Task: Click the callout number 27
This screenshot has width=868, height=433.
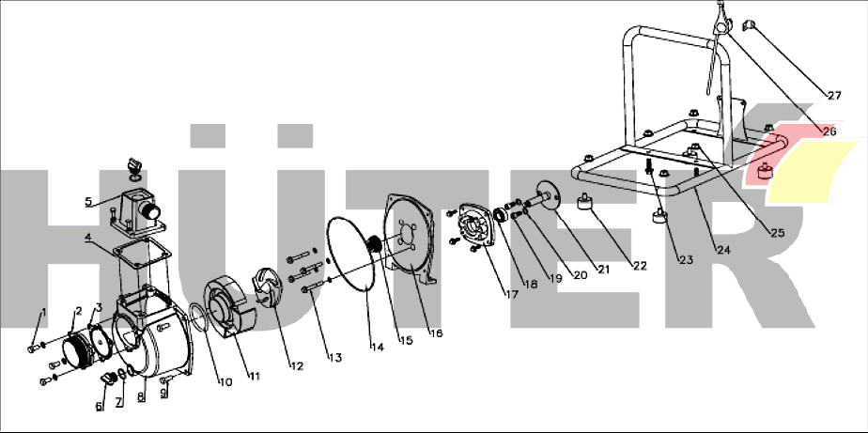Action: [833, 95]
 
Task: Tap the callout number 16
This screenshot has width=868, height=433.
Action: [435, 332]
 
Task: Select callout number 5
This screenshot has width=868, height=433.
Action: [88, 201]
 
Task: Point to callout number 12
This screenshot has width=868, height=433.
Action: [297, 365]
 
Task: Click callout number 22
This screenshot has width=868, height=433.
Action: [640, 266]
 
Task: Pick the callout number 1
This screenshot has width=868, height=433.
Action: [42, 312]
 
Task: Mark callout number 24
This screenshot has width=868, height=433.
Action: [722, 250]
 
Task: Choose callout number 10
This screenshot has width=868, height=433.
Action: [225, 381]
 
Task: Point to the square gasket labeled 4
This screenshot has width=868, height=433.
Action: [141, 254]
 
